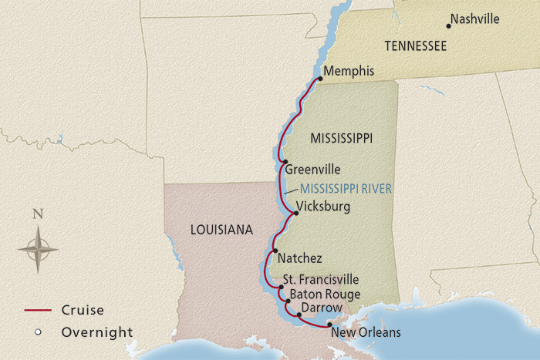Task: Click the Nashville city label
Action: click(x=475, y=19)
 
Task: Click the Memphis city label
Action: click(x=349, y=72)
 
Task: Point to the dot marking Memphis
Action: click(x=319, y=78)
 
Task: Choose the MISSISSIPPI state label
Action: click(x=341, y=139)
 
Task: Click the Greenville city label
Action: click(x=312, y=170)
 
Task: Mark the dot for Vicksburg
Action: click(x=295, y=213)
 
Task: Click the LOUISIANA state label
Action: click(x=221, y=230)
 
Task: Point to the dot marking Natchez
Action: click(x=274, y=251)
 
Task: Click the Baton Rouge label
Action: click(x=322, y=294)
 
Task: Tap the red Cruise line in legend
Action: click(x=38, y=311)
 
